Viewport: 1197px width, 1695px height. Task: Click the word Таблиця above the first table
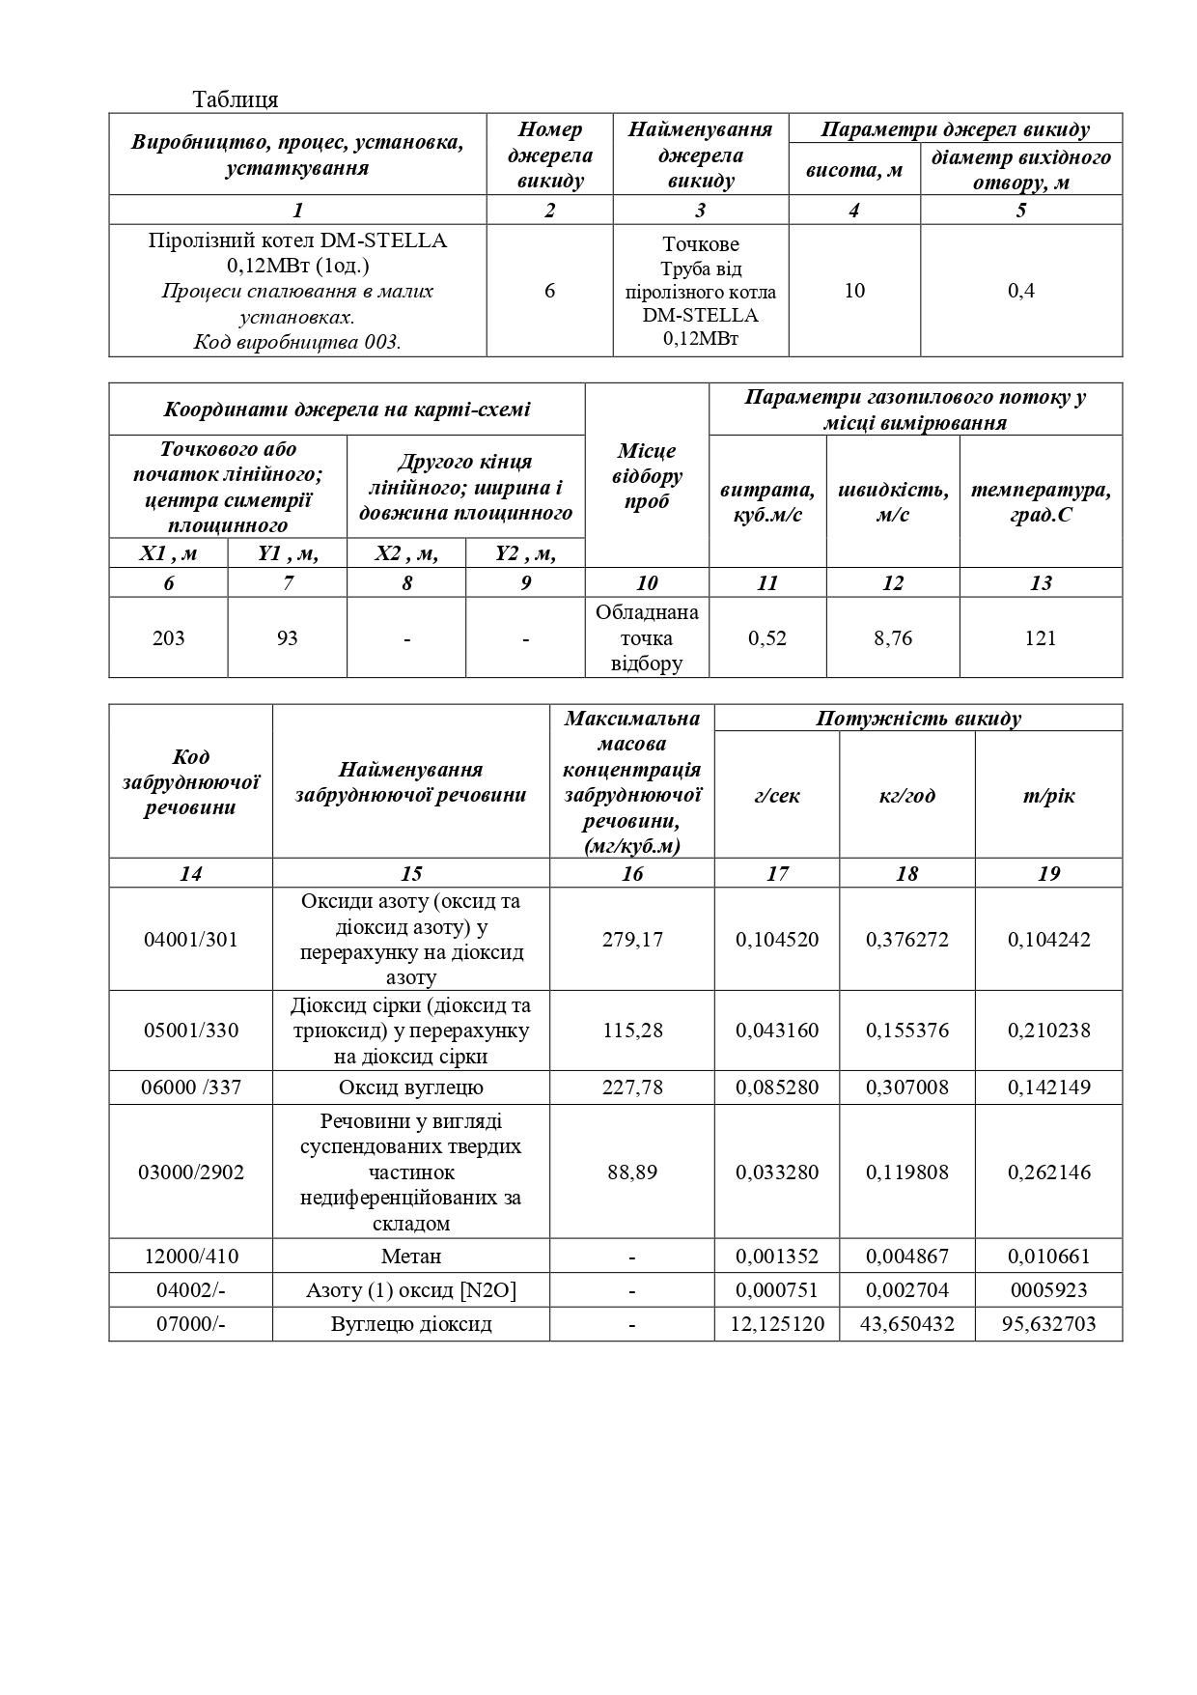click(236, 99)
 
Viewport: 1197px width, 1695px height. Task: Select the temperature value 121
click(1041, 638)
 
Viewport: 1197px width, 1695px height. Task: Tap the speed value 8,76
click(893, 638)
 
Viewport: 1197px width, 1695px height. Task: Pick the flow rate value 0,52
click(767, 638)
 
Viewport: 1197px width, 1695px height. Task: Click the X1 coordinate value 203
click(169, 638)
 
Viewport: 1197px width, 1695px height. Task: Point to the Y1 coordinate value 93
click(287, 638)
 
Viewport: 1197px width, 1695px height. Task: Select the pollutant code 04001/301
click(191, 940)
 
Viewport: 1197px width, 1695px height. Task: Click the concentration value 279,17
click(632, 940)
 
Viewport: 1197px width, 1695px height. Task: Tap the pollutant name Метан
click(411, 1257)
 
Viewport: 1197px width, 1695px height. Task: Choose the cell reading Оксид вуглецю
click(411, 1088)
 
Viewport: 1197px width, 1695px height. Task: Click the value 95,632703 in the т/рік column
click(1048, 1324)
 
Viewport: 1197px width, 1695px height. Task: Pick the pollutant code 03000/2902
click(191, 1172)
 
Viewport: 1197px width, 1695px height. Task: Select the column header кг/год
click(907, 796)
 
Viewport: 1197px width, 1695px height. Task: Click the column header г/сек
click(777, 796)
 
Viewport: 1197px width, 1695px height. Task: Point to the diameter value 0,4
click(1021, 291)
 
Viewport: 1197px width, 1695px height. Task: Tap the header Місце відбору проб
click(648, 476)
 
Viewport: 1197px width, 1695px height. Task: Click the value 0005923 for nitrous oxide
click(1048, 1290)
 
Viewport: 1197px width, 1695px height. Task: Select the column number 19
click(1048, 874)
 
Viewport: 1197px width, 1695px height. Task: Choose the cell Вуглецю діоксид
click(411, 1324)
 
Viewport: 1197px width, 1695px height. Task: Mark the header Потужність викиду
click(918, 719)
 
